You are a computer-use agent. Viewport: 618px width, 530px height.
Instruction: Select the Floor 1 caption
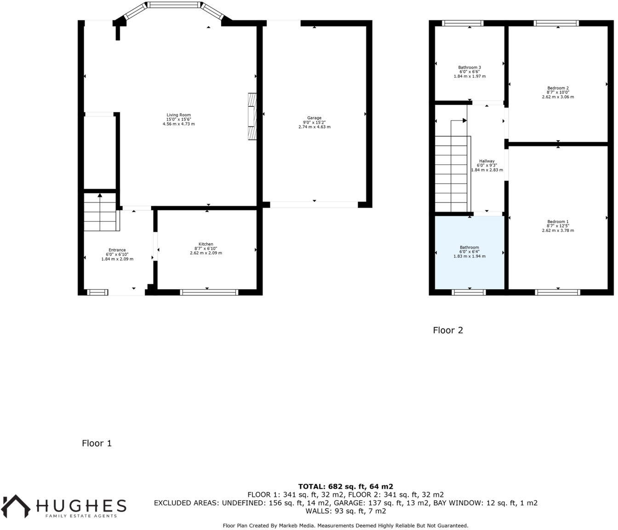pyautogui.click(x=97, y=444)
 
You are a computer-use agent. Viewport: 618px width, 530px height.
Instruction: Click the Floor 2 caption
pyautogui.click(x=448, y=330)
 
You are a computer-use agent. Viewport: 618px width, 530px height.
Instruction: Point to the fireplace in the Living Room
pyautogui.click(x=252, y=116)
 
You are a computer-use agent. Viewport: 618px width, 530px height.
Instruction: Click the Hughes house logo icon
pyautogui.click(x=16, y=506)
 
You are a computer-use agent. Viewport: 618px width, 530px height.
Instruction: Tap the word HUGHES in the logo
pyautogui.click(x=81, y=506)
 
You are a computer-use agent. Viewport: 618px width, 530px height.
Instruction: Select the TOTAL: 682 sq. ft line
pyautogui.click(x=345, y=486)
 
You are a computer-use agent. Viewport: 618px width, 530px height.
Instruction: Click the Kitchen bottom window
pyautogui.click(x=209, y=292)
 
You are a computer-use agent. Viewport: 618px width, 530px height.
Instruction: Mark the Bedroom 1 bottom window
pyautogui.click(x=558, y=292)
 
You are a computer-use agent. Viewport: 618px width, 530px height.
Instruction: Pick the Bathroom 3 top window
pyautogui.click(x=463, y=23)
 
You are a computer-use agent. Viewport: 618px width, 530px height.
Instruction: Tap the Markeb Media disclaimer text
pyautogui.click(x=345, y=525)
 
